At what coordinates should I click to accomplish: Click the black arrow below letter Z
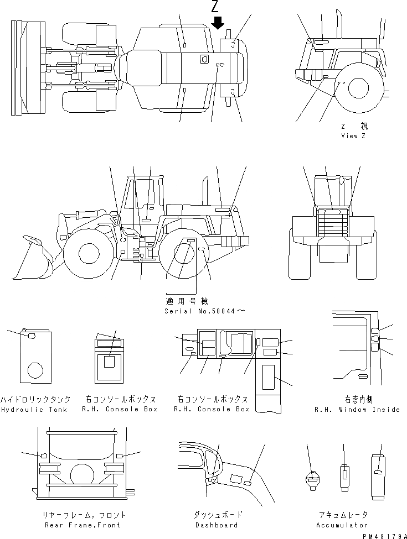click(x=218, y=23)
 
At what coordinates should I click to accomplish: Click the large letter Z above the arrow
click(x=218, y=7)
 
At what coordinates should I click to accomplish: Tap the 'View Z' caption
click(x=353, y=136)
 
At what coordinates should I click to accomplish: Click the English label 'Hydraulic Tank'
click(x=34, y=410)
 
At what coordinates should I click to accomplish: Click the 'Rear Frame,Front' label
click(x=81, y=525)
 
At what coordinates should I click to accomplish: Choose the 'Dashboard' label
click(x=216, y=525)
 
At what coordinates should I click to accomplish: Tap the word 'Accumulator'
click(x=342, y=525)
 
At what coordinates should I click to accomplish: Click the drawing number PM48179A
click(x=382, y=535)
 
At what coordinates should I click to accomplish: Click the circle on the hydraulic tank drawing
click(x=36, y=370)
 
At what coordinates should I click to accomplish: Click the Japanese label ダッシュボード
click(x=216, y=515)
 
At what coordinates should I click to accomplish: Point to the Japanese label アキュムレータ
click(x=342, y=515)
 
